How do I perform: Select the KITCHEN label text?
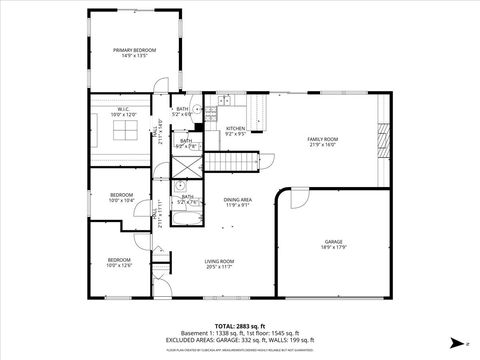coord(235,130)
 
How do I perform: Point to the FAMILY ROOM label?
coord(322,142)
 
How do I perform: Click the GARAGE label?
coord(333,244)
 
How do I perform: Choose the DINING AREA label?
coord(237,203)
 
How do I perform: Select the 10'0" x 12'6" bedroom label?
coord(119,263)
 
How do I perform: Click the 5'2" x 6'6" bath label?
coord(183,112)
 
